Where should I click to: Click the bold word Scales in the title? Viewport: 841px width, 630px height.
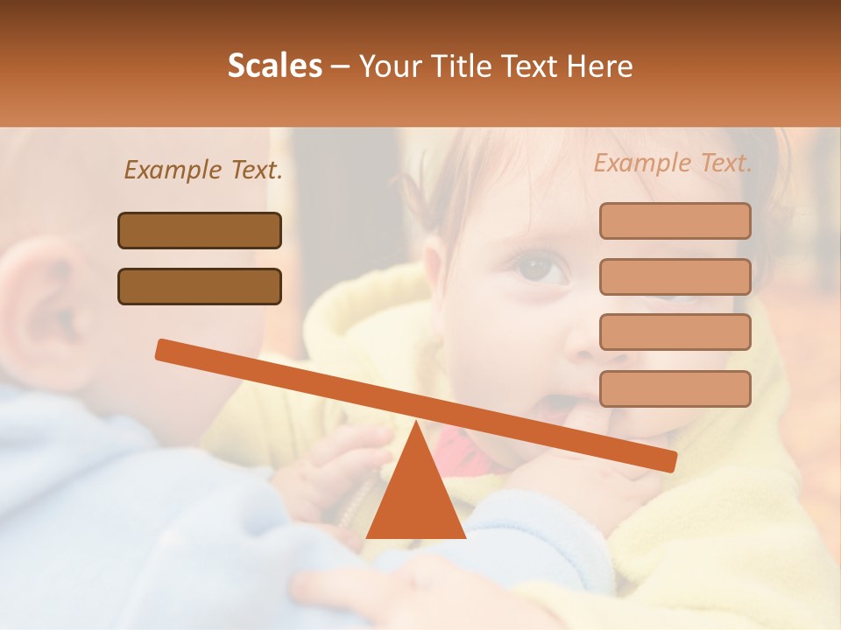(x=274, y=66)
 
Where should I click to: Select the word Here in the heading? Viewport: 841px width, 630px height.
(x=600, y=66)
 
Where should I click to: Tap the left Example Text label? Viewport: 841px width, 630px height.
(x=203, y=170)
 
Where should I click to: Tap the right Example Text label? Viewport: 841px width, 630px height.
(x=673, y=163)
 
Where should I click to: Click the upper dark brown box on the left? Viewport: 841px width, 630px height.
(x=200, y=230)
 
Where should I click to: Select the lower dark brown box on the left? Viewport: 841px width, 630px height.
(x=200, y=286)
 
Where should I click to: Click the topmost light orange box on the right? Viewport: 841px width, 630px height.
(x=675, y=220)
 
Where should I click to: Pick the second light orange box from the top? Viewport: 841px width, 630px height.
(x=675, y=276)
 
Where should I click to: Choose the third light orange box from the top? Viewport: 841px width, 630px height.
(x=675, y=332)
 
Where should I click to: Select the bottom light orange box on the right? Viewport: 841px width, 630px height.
(x=675, y=388)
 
